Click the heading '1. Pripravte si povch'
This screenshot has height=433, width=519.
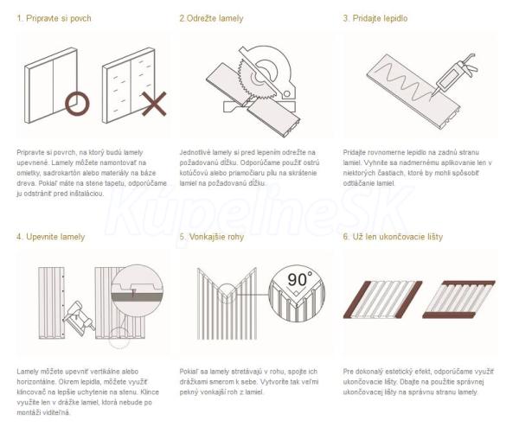coord(54,18)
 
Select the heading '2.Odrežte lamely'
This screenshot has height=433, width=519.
coord(212,18)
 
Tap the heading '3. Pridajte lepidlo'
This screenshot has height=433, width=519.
coord(375,18)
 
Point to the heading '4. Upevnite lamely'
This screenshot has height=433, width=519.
coord(51,237)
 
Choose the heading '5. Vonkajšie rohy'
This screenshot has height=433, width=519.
coord(212,237)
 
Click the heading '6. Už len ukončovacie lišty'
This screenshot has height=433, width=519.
coord(393,237)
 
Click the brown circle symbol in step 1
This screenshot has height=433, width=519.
coord(77,93)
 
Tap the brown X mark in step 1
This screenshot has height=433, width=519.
coord(154,105)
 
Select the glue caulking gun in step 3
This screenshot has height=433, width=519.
coord(455,73)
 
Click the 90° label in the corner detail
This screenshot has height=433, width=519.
coord(299,280)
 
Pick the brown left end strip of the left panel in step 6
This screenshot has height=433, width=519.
coord(356,299)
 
